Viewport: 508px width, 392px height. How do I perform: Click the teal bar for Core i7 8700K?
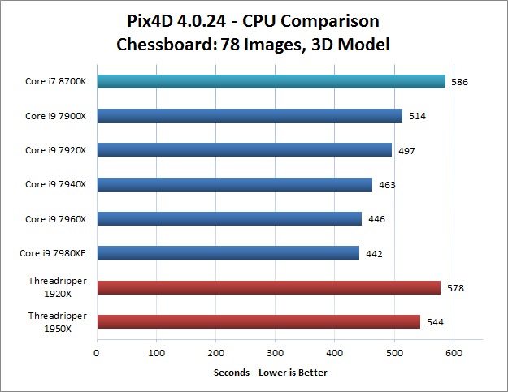coord(271,81)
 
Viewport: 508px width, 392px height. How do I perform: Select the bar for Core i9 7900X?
coord(250,115)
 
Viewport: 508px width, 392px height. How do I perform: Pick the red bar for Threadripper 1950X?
coord(258,321)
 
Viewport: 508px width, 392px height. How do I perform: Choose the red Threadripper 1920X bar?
coord(268,287)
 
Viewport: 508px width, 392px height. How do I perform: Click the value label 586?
coord(459,82)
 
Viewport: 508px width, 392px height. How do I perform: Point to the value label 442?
coord(374,254)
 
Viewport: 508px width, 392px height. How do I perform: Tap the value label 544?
coord(435,322)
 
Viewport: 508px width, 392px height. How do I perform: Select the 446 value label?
coord(376,219)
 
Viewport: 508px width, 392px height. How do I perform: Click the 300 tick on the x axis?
coord(276,353)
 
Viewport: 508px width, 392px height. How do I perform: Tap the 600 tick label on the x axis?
coord(454,353)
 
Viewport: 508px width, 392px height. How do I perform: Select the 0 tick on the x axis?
coord(97,353)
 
